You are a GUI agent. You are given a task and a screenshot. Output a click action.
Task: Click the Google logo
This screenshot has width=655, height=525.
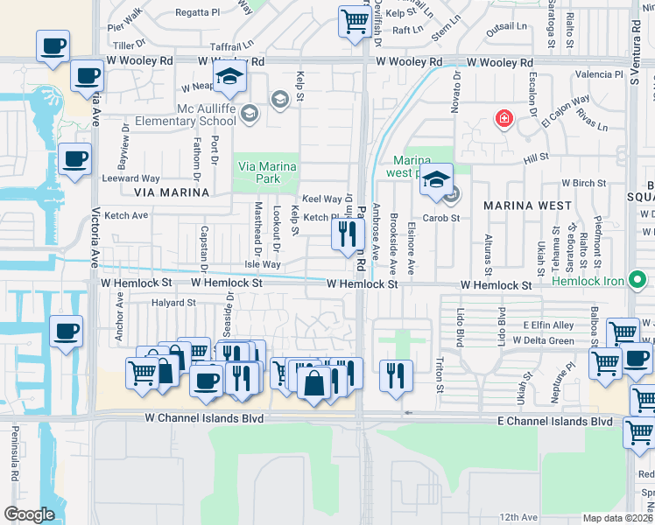click(x=30, y=514)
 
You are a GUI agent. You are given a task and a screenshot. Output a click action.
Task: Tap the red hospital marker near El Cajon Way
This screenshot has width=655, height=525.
click(x=504, y=118)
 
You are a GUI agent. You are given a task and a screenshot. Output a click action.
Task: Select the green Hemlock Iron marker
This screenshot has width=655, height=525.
click(x=637, y=281)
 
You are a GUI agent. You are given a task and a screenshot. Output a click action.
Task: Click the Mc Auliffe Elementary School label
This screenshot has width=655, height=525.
click(x=206, y=115)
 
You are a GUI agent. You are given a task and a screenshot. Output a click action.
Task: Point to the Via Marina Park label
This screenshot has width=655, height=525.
click(x=267, y=172)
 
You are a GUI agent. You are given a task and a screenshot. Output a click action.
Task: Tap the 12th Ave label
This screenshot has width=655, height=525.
click(x=520, y=517)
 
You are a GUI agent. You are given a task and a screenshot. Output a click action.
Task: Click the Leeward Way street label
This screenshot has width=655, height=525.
click(x=130, y=178)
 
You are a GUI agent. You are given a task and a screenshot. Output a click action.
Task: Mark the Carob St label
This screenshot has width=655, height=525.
click(x=441, y=218)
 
